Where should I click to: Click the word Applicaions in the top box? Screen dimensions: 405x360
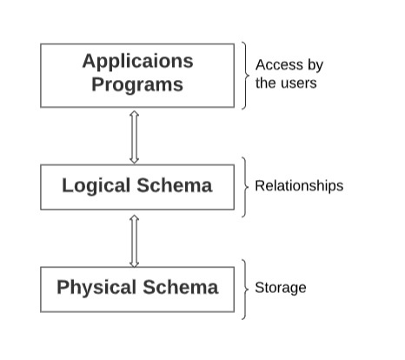point(137,62)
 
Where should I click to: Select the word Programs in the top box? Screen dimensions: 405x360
point(137,84)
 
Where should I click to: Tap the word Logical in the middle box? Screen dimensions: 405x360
point(96,186)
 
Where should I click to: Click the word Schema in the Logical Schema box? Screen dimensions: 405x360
point(175,185)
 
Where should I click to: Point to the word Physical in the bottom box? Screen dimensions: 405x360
point(96,288)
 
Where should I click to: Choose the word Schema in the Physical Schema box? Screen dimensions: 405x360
point(181,287)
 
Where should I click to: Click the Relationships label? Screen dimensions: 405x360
point(299,186)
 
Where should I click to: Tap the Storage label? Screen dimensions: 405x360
point(281,288)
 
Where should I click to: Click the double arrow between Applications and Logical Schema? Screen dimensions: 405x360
point(134,137)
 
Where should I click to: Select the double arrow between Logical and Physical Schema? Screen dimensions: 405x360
point(134,241)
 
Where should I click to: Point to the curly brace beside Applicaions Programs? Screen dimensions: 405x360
point(246,76)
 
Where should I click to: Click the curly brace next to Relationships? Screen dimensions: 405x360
point(246,187)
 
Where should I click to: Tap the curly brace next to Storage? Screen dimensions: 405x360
point(246,290)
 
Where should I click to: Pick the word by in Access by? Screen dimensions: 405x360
point(315,65)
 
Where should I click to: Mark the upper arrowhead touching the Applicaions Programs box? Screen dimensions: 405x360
point(134,114)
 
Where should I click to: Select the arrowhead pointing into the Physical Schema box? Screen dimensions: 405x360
point(134,264)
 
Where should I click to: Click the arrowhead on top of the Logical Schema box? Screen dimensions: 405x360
point(134,160)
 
